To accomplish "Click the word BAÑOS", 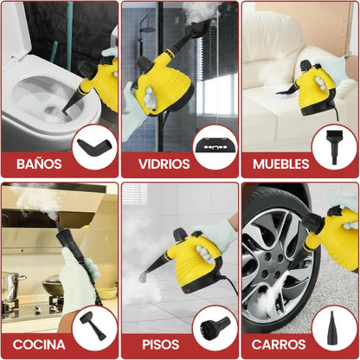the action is tap(39, 164).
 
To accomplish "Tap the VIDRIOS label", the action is tap(164, 164).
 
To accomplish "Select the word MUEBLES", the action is tap(281, 164).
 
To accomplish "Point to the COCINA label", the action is tap(39, 344).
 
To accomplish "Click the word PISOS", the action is tap(161, 344).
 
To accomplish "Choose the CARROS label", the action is tap(279, 344).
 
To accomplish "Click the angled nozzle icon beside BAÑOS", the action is tap(94, 146).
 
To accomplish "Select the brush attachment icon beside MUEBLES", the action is tap(334, 146).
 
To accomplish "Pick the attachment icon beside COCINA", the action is tap(93, 325).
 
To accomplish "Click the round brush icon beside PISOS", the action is tap(215, 325).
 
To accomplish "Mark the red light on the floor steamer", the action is tap(188, 291).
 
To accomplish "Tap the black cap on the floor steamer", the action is tap(179, 233).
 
